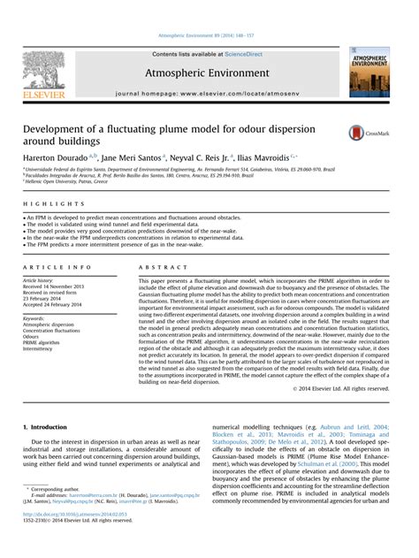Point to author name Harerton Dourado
coord(57,156)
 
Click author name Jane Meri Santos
coord(132,156)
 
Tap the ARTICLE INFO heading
coord(57,266)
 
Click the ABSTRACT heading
coord(156,266)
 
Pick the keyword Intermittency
coord(42,348)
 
